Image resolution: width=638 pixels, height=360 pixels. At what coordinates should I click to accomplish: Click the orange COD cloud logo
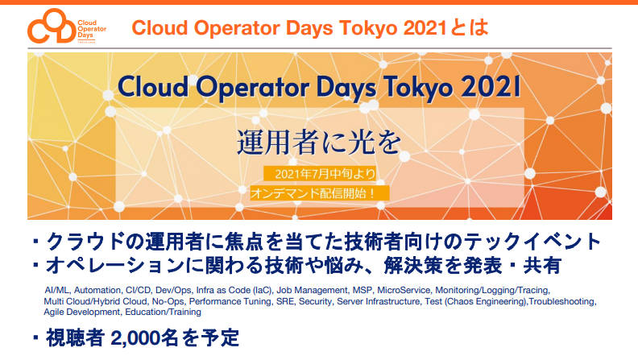point(52,26)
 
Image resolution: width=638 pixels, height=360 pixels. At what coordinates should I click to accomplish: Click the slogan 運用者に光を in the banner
point(319,142)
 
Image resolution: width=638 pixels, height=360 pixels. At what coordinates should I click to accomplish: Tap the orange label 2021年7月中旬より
point(320,174)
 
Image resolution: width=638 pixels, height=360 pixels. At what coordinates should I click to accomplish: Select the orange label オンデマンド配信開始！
point(320,192)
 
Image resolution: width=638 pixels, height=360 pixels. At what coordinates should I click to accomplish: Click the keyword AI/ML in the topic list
point(56,291)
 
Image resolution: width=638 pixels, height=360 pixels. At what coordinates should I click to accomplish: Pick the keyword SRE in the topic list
point(284,301)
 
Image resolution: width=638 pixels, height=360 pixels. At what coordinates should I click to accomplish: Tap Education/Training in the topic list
point(164,312)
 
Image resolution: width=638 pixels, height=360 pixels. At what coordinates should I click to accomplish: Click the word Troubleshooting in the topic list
point(562,301)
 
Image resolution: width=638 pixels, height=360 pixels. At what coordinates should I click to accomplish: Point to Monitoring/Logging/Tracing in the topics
point(492,291)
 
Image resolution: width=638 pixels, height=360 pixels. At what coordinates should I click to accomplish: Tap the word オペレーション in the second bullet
point(114,266)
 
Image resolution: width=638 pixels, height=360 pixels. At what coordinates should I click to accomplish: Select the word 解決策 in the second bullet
point(412,266)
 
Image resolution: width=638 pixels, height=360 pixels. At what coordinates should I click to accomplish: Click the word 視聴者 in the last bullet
point(75,338)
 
